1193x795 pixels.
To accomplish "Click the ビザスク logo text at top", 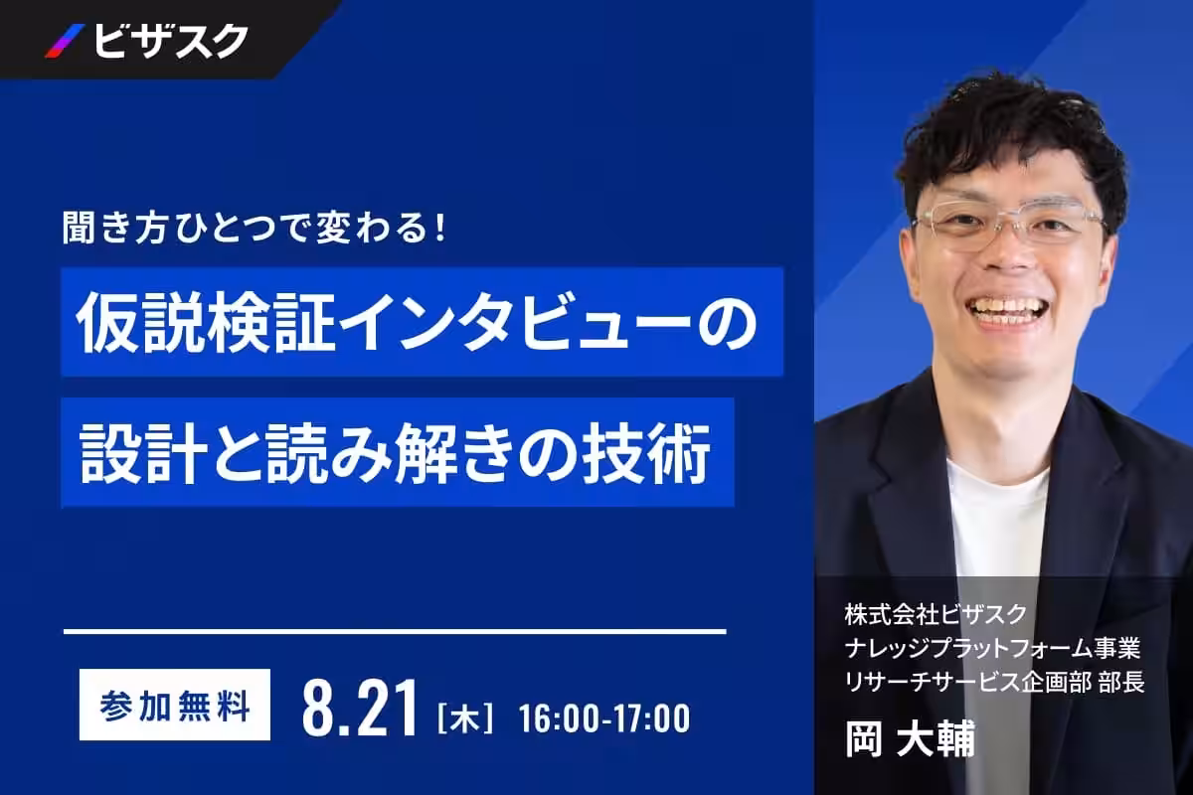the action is [171, 41].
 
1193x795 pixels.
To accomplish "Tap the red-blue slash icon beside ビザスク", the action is [65, 41].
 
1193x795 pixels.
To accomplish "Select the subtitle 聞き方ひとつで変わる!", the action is [254, 229].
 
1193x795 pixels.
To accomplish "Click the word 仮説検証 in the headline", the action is [201, 323].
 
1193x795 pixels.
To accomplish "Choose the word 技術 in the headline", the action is [646, 453].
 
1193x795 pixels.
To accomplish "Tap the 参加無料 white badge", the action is [175, 705].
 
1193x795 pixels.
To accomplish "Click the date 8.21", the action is [359, 708].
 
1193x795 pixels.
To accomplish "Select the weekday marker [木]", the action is [465, 718].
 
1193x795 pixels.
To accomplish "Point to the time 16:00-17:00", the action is [604, 718].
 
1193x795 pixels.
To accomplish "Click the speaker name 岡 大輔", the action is [910, 738].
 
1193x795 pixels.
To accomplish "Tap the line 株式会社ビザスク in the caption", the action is [936, 614].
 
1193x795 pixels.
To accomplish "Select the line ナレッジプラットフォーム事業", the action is [992, 649].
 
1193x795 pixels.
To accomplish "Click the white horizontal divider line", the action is [395, 631].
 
